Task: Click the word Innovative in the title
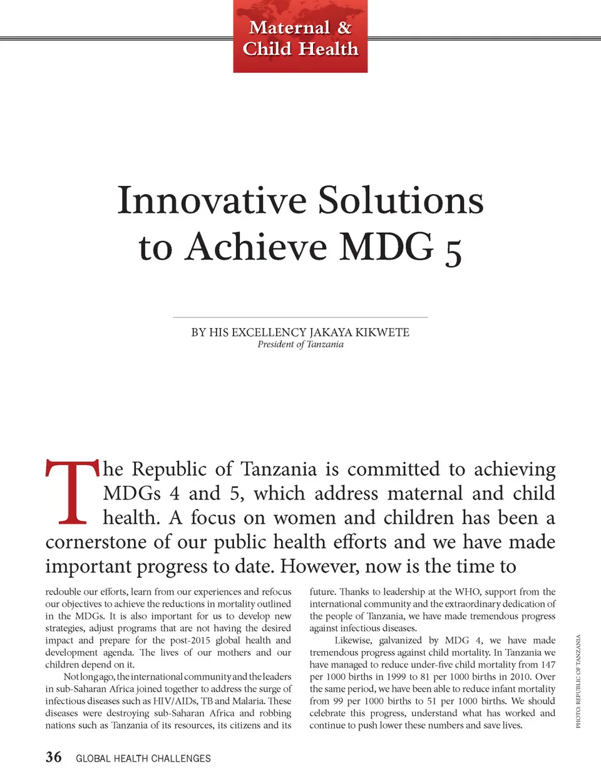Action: [x=212, y=201]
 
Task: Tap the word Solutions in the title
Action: [x=401, y=201]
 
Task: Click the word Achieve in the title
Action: [x=256, y=247]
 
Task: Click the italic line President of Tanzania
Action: [x=300, y=344]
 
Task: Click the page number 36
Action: [x=54, y=757]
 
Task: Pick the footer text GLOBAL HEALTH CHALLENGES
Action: [x=143, y=759]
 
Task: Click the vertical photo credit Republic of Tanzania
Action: [x=578, y=681]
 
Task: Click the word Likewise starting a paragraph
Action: [x=354, y=640]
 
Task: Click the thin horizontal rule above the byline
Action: [x=300, y=317]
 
